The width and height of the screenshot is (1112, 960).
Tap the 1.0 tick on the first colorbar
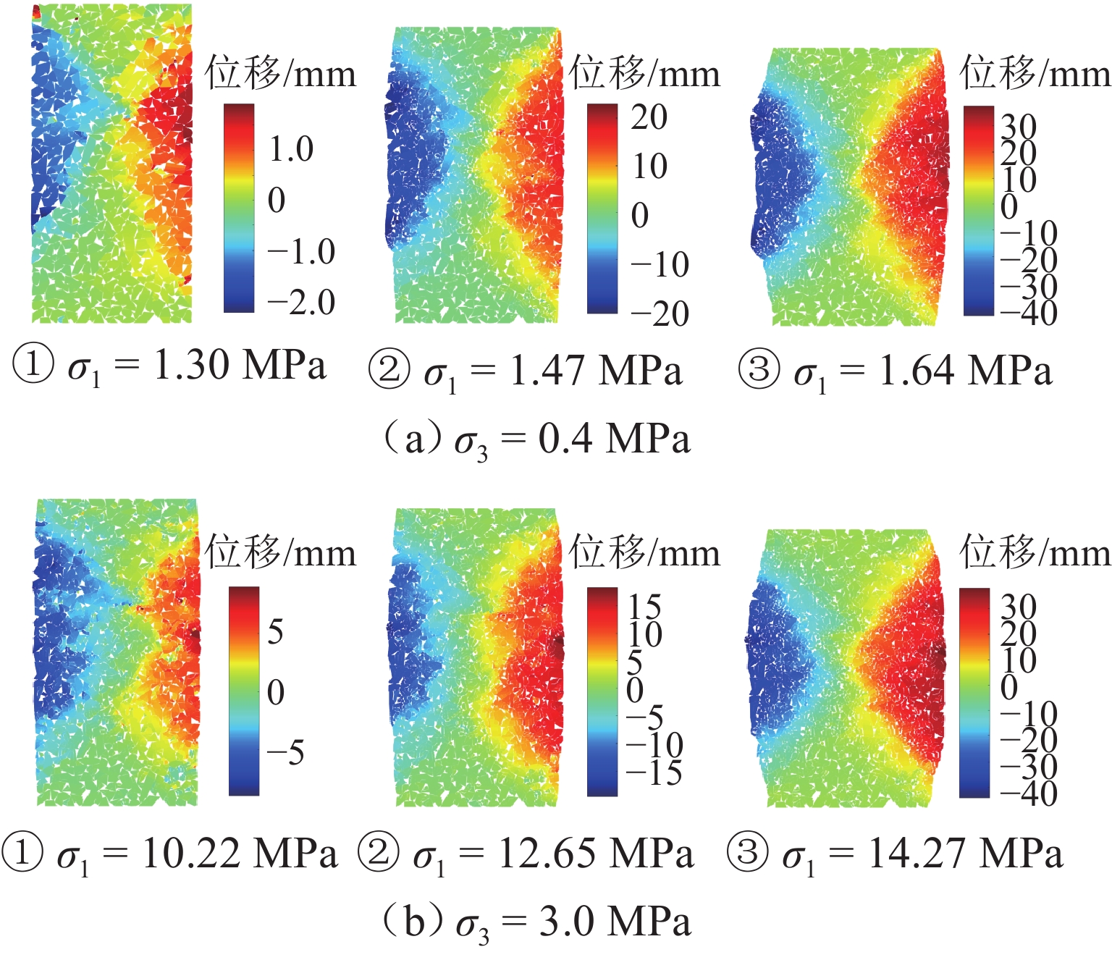click(x=291, y=150)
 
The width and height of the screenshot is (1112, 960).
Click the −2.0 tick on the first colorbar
click(x=301, y=303)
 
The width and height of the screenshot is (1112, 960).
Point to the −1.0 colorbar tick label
click(x=301, y=252)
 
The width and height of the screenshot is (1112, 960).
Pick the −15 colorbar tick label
click(x=654, y=773)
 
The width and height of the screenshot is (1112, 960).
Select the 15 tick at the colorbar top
click(x=645, y=607)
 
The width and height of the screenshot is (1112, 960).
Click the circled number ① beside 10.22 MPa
click(x=22, y=852)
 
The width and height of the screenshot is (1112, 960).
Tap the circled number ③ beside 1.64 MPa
click(x=758, y=369)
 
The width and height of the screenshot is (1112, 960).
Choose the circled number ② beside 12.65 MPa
click(x=378, y=852)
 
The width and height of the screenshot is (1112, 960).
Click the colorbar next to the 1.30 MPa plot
click(x=239, y=209)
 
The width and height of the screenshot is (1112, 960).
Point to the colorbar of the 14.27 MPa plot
click(x=974, y=693)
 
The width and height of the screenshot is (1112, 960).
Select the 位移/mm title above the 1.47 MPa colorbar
click(x=644, y=74)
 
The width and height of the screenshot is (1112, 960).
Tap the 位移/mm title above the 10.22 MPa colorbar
click(x=280, y=553)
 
